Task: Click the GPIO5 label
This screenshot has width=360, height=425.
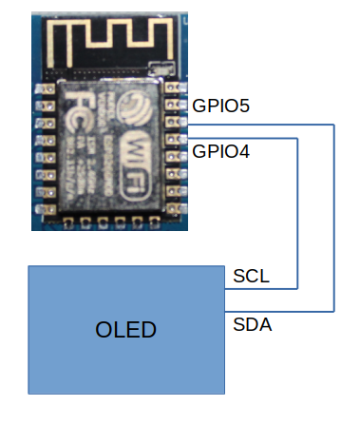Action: [220, 106]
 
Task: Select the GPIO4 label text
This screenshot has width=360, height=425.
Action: [220, 150]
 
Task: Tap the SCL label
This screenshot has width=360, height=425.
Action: [251, 277]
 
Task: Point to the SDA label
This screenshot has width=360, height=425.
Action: [252, 325]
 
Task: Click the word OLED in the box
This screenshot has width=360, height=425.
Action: [126, 330]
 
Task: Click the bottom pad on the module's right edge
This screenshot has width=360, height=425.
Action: [173, 202]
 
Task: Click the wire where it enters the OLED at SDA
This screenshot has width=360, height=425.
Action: [227, 310]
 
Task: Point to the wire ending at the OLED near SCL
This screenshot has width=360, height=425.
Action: [227, 287]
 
